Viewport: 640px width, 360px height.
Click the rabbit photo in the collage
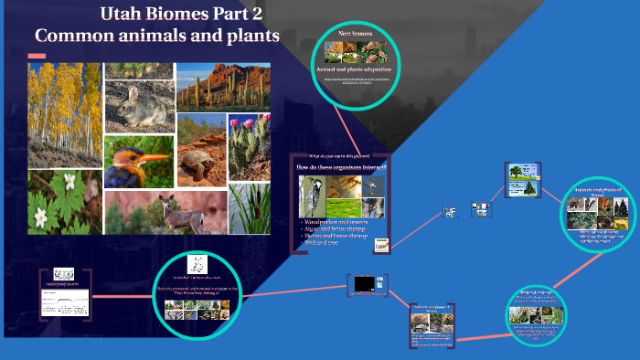(139, 99)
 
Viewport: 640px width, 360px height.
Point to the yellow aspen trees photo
(64, 114)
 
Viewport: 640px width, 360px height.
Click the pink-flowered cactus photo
(249, 144)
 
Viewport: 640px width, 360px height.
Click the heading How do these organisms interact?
(341, 167)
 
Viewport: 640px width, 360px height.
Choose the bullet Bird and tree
(323, 243)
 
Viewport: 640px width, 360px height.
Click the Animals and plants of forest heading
(597, 191)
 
